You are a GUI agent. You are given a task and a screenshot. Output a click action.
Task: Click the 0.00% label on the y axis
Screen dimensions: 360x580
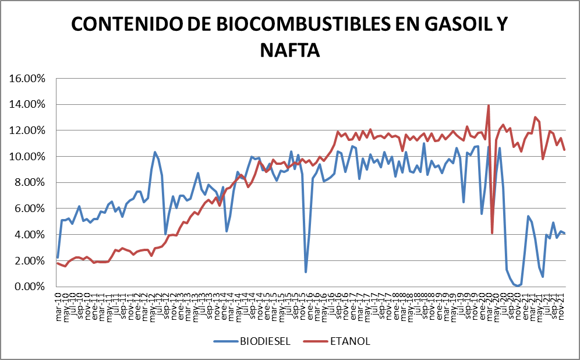click(30, 287)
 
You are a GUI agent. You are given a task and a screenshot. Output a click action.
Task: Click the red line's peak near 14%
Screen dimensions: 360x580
click(489, 105)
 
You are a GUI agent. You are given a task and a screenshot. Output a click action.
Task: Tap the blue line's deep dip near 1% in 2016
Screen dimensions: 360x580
click(306, 272)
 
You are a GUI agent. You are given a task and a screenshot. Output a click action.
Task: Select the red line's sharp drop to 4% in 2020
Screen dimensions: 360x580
click(492, 233)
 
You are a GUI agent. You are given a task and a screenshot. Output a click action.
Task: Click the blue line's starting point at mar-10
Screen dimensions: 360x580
click(58, 257)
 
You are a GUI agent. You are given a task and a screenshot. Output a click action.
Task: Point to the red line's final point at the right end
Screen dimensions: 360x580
click(565, 150)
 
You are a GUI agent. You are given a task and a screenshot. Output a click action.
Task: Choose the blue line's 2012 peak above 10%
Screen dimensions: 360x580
click(155, 152)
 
